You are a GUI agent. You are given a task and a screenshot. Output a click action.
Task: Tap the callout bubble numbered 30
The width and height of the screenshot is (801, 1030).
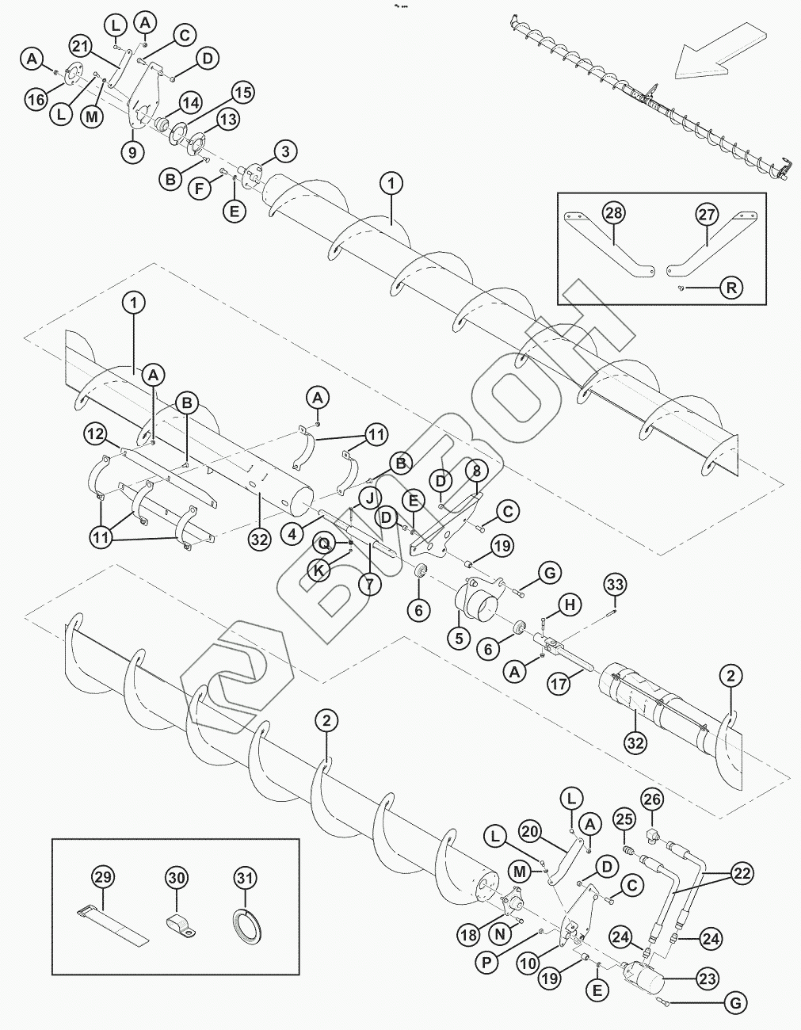click(x=177, y=878)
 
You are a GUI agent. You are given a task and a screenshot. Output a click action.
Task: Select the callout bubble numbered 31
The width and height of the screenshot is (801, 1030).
click(x=246, y=878)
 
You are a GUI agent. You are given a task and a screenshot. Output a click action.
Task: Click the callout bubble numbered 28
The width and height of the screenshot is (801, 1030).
click(x=613, y=214)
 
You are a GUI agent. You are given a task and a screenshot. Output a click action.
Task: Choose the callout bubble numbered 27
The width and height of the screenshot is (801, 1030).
click(x=707, y=214)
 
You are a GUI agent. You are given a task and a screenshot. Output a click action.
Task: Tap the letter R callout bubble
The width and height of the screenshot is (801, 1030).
click(x=731, y=288)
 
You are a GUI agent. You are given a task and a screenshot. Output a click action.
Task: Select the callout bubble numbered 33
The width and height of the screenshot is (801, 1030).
click(x=615, y=586)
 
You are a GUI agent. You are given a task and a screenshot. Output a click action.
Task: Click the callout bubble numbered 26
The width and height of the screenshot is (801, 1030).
click(x=651, y=799)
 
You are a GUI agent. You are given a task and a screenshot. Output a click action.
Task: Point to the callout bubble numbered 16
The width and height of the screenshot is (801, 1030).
click(x=36, y=99)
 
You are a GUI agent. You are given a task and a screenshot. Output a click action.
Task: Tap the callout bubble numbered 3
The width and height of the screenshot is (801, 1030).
click(x=286, y=151)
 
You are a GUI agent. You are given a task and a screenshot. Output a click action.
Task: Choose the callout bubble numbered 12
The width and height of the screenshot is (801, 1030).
click(x=96, y=433)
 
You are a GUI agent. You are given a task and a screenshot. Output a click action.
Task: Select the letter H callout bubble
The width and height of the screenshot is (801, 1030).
click(x=570, y=605)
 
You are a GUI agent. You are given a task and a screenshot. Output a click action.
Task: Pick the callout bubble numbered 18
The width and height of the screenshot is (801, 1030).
click(x=469, y=935)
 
